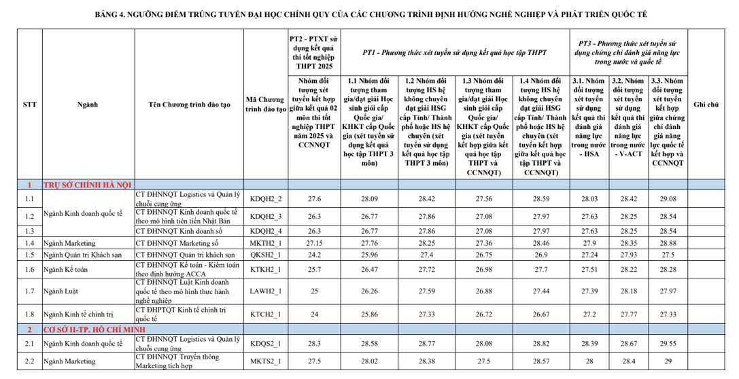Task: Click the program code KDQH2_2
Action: (x=265, y=198)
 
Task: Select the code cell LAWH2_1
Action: (x=265, y=291)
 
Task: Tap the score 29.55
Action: (x=668, y=343)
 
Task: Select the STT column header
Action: (x=30, y=105)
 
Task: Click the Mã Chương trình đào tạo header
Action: (x=265, y=105)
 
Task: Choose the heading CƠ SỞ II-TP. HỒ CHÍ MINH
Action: (x=95, y=329)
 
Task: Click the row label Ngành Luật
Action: (x=60, y=291)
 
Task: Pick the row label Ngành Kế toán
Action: (x=65, y=270)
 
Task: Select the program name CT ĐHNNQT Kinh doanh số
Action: (x=179, y=231)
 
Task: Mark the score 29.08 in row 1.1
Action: (x=668, y=198)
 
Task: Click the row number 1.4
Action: (x=30, y=243)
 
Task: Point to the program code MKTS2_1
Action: (x=265, y=361)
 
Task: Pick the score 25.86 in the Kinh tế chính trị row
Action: (x=368, y=314)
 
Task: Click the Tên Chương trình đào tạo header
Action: (x=189, y=105)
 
